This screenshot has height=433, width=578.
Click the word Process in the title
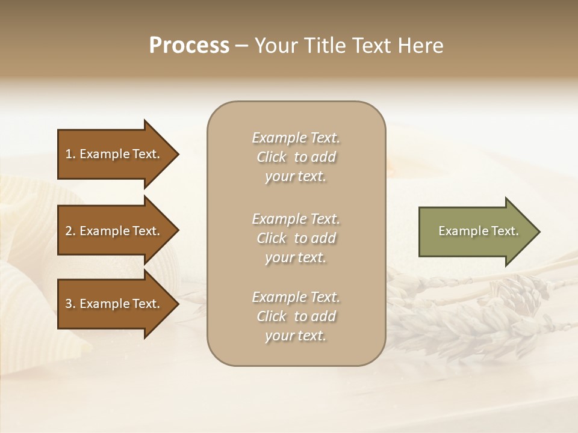click(189, 46)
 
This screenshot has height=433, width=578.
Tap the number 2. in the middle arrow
click(70, 232)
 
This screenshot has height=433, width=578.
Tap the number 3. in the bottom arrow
click(70, 304)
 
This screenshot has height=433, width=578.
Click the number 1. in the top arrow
click(70, 155)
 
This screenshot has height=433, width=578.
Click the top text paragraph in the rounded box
click(296, 157)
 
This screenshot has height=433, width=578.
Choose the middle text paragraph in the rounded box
click(296, 238)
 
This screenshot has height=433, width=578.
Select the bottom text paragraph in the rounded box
click(296, 316)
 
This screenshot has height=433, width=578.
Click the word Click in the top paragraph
click(272, 158)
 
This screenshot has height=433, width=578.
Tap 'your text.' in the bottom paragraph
click(296, 336)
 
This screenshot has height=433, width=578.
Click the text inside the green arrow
click(478, 232)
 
